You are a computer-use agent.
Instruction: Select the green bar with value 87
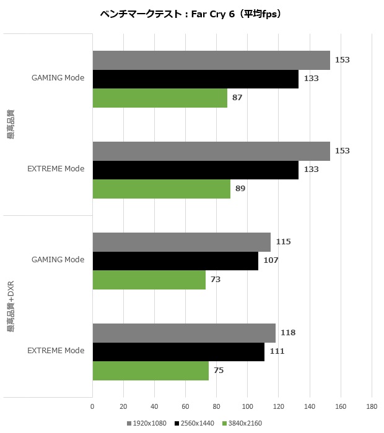tap(160, 98)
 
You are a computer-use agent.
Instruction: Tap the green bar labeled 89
tap(161, 189)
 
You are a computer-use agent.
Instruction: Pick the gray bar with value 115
tap(181, 242)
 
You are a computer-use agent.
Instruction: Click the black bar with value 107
tap(175, 260)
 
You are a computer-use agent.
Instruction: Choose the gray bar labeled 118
tap(184, 333)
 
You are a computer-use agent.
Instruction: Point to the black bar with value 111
tap(178, 351)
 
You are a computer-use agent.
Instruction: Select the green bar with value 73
tap(149, 280)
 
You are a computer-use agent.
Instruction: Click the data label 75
tap(219, 371)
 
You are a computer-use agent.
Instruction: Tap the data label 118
tap(288, 333)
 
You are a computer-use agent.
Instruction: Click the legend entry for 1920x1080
tap(149, 423)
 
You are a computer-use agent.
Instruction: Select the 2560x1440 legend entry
tap(194, 423)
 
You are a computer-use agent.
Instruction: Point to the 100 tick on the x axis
tap(248, 406)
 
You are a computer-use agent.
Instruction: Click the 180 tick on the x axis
tap(372, 406)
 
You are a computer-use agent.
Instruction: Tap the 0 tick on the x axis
tap(92, 406)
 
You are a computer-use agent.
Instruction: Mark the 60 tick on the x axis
tap(185, 406)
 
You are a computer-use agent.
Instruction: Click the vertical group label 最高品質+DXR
tap(11, 307)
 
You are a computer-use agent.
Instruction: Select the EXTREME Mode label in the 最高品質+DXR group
tap(56, 351)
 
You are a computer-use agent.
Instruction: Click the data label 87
tap(237, 98)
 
